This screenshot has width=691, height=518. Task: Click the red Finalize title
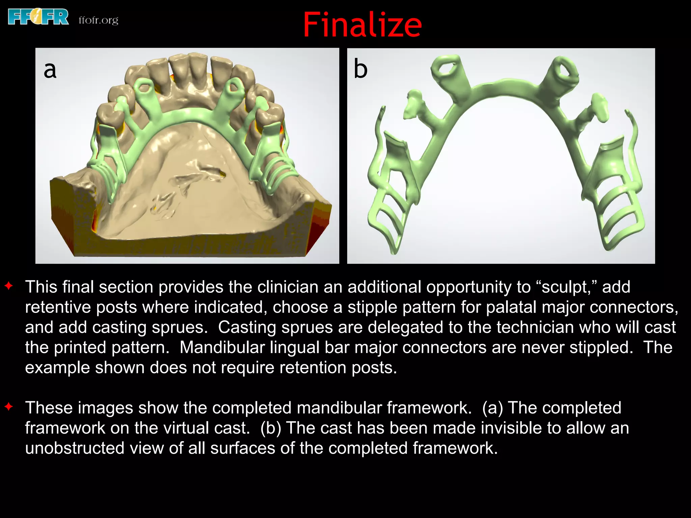coord(362,25)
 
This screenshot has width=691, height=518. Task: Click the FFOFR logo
coord(38,17)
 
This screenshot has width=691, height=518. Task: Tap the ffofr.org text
coord(98,20)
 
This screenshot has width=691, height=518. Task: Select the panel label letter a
coord(50,69)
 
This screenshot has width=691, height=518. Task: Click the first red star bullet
coord(9,286)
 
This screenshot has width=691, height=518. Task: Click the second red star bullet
coord(9,407)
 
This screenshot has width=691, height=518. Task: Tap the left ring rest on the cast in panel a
coord(144,86)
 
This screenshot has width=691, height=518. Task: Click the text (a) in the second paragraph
coord(492,408)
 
